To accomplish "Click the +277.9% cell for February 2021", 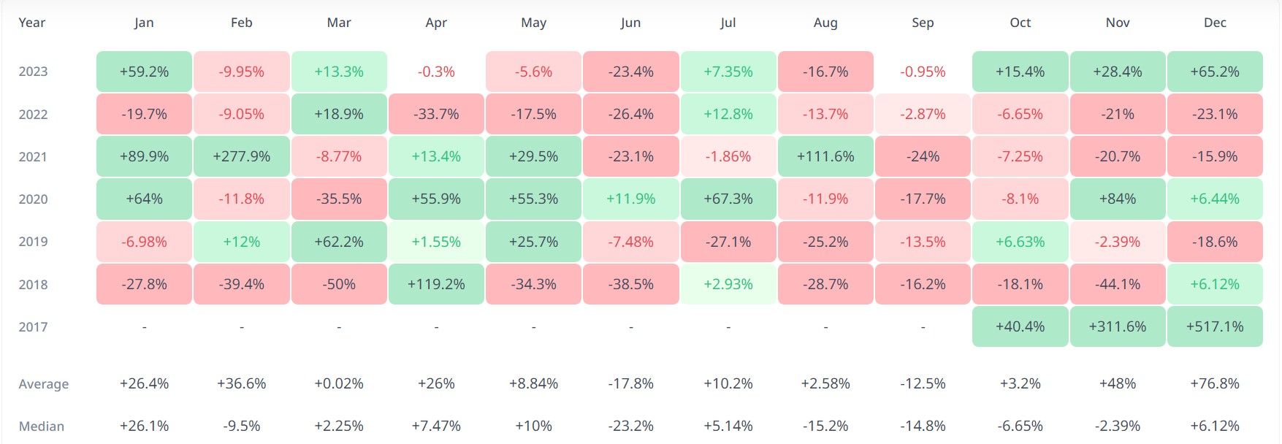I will click(241, 157).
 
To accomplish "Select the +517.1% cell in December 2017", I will click(1215, 326).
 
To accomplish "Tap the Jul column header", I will click(728, 23).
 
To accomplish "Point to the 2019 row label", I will click(33, 242).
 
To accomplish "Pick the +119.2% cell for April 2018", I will click(436, 284).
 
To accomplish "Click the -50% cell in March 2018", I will click(339, 284).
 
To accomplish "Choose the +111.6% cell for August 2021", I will click(825, 157).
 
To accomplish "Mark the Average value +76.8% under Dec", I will click(1215, 383).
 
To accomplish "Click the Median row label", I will click(42, 426).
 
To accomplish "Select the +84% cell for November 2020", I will click(1118, 199).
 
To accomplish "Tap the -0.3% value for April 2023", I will click(436, 72).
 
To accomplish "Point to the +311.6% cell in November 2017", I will click(1118, 326).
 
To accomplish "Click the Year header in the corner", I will click(31, 23).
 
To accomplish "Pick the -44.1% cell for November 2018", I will click(1118, 284).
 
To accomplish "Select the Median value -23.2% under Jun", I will click(630, 426).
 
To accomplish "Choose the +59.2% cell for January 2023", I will click(144, 72).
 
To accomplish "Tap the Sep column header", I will click(923, 23).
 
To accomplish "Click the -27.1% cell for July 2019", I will click(728, 242).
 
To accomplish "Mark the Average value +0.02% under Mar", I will click(339, 383).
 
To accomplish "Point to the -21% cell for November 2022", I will click(1118, 115).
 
